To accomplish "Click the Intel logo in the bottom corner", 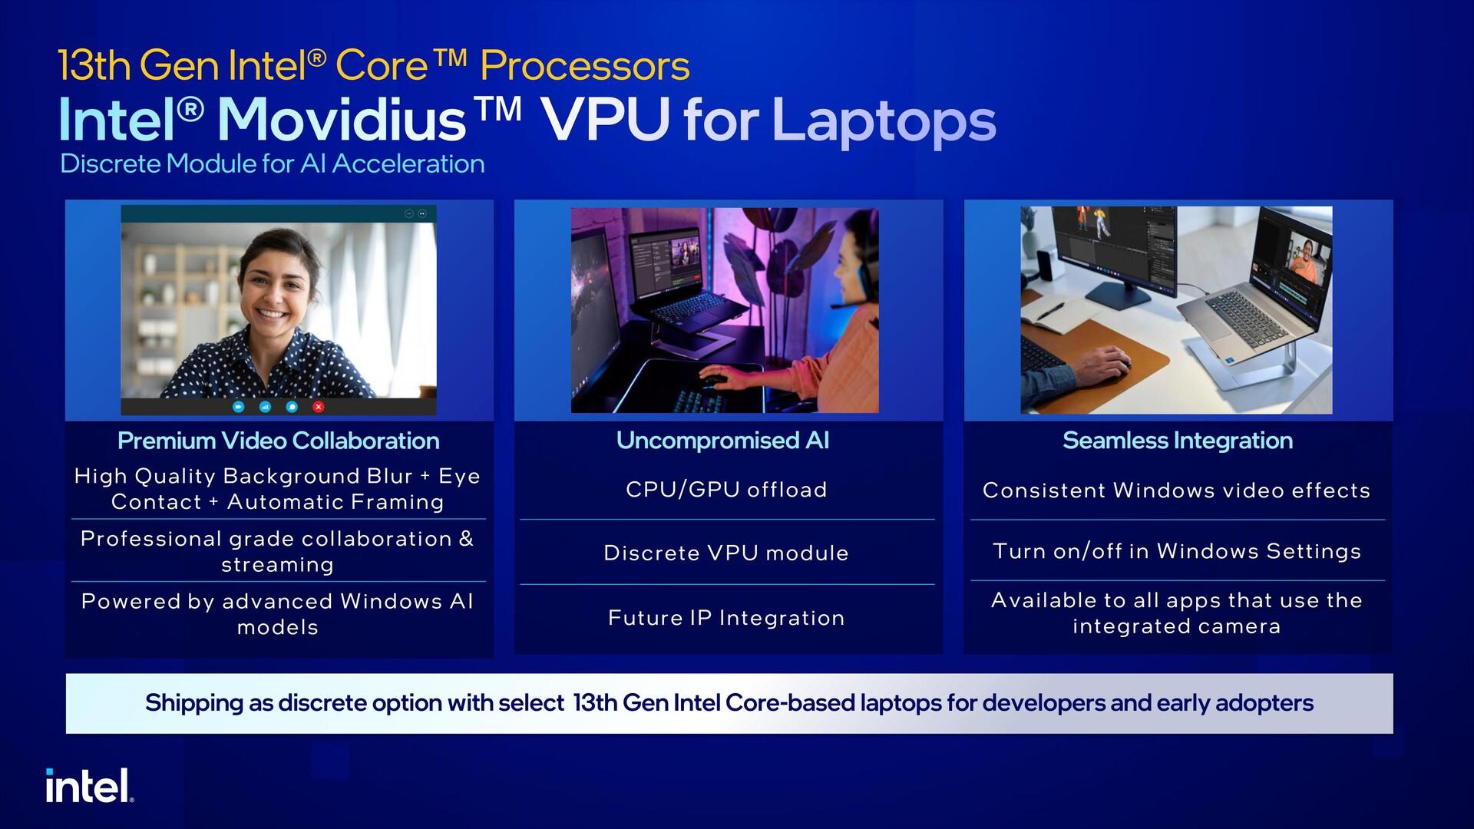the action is click(x=89, y=785).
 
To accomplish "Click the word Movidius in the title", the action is click(x=342, y=121).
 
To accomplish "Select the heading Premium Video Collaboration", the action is click(x=278, y=441).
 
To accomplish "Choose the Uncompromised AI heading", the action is click(x=722, y=441).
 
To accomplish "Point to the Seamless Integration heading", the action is click(x=1178, y=441).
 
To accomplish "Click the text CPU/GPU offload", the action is click(x=726, y=490).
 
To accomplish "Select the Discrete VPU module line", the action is click(x=726, y=553).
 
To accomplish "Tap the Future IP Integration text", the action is click(x=726, y=618).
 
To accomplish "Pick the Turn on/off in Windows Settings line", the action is click(x=1177, y=551).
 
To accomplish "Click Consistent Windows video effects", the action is click(x=1177, y=490).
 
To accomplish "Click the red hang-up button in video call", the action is click(x=319, y=407).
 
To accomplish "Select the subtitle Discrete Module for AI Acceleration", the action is click(x=273, y=163).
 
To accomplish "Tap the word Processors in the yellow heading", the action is click(x=585, y=66).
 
